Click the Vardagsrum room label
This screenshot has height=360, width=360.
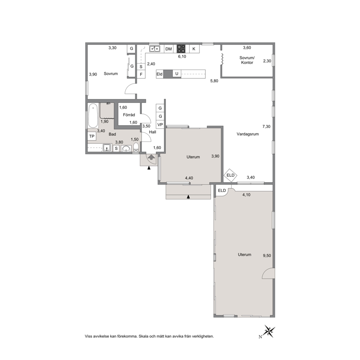point(247,134)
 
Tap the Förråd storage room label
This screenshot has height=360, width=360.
point(129,115)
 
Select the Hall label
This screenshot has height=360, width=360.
point(152,132)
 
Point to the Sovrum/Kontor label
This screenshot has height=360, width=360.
point(247,60)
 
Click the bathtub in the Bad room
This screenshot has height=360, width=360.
point(93,115)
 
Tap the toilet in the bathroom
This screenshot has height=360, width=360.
point(136,147)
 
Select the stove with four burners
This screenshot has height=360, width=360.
point(181,49)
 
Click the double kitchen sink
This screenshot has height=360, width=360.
point(155,49)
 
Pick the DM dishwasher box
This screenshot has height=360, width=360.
point(168,49)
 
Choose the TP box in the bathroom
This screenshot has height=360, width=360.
point(92,136)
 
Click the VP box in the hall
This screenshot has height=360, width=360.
point(160,125)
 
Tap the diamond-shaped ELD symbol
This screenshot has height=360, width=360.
point(230,175)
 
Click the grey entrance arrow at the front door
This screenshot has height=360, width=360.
point(151,157)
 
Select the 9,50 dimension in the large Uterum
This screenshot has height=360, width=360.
point(267,255)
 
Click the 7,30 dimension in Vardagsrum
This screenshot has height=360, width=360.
point(266,127)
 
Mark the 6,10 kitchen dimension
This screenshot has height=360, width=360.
point(182,57)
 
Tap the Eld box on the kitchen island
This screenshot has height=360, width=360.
point(160,74)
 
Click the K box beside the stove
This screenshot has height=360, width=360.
point(194,49)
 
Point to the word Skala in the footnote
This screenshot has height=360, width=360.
point(143,336)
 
